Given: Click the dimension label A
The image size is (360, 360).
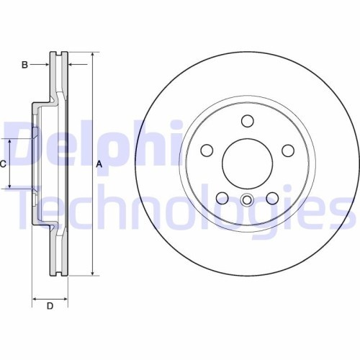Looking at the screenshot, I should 99,164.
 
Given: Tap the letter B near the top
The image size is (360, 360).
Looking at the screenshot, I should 24,66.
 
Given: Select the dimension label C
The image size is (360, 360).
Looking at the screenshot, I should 4,164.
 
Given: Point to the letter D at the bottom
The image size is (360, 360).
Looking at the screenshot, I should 50,307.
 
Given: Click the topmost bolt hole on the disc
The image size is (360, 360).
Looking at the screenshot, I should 248,121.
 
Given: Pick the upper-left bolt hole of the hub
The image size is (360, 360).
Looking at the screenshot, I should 207,150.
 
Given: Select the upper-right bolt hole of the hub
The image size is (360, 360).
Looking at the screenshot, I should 288,150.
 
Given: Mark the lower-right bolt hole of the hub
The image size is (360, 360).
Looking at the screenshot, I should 272,198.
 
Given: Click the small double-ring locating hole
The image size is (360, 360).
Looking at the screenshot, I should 248,201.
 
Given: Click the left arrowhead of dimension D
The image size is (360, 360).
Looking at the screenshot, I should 35,297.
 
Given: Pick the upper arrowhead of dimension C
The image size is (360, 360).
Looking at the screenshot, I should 10,140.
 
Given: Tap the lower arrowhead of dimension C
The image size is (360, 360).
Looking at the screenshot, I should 10,186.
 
